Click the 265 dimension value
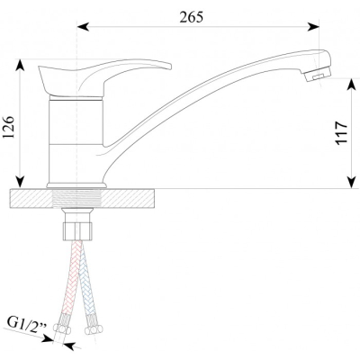[192, 17]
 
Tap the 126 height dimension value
[9, 127]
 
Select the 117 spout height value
[342, 133]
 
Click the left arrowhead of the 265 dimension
[83, 27]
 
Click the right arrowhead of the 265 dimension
[313, 27]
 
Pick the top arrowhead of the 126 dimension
[20, 65]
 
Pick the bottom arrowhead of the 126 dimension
[20, 182]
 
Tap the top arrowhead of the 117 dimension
[351, 85]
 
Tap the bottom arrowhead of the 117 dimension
[351, 183]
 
